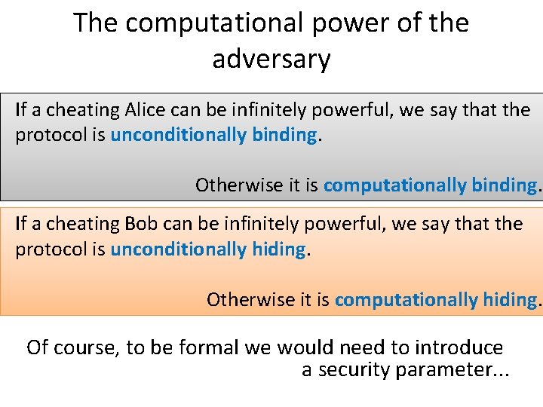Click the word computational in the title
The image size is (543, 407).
(x=198, y=23)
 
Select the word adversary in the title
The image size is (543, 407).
(x=271, y=59)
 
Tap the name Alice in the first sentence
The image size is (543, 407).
(x=146, y=110)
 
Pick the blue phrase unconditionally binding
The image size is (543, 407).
(x=213, y=135)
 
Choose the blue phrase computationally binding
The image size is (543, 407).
(x=430, y=185)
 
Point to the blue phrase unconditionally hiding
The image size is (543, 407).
(x=208, y=249)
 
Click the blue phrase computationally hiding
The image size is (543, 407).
(x=435, y=299)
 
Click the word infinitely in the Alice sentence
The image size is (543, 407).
(x=289, y=110)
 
